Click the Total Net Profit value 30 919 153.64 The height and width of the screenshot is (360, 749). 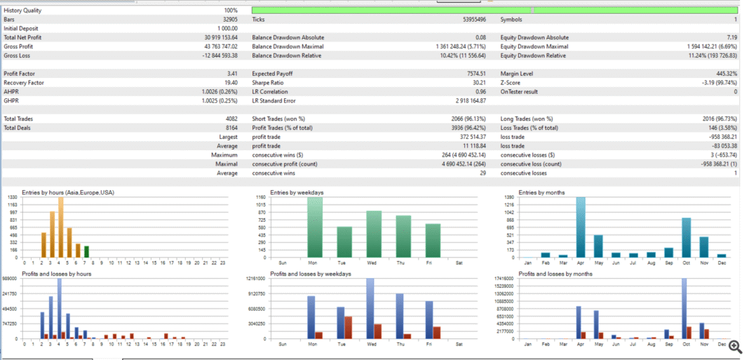point(221,37)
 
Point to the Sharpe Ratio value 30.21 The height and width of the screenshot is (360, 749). point(478,82)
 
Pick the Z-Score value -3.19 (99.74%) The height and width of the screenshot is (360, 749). point(715,82)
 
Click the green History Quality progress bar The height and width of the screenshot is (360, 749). point(494,11)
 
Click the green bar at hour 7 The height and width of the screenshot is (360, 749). point(86,251)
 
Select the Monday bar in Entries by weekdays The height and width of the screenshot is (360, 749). point(315,227)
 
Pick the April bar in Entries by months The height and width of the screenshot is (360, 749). point(581,227)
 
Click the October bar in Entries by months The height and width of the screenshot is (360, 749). point(686,237)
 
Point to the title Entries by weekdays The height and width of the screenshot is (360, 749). point(297,192)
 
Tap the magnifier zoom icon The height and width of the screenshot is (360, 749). point(735,346)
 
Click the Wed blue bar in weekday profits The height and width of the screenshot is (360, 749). point(370,308)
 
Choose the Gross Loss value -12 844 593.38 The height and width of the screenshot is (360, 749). point(220,55)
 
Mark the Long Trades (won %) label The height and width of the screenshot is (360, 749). point(527,119)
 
